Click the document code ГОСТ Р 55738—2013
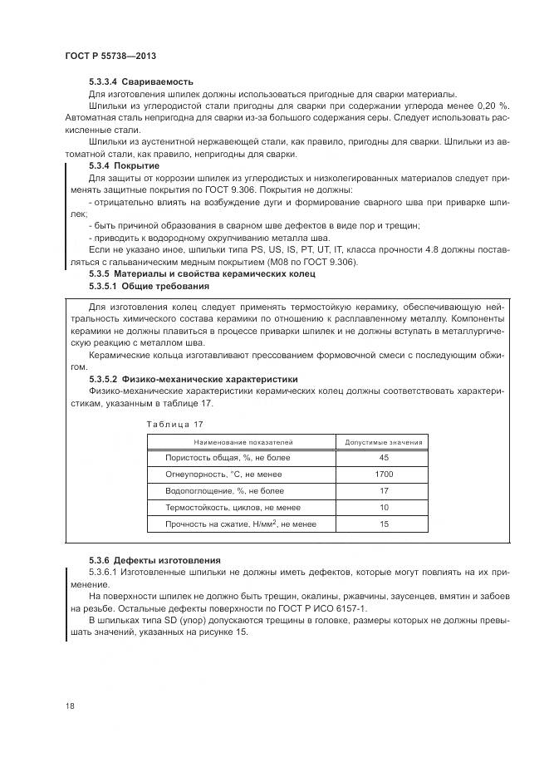tap(110, 56)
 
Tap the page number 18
tap(69, 706)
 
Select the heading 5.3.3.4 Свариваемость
tap(141, 81)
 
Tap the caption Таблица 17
tap(174, 425)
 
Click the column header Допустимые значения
tap(384, 442)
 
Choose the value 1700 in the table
tap(384, 474)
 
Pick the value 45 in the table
tap(384, 458)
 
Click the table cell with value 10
tap(384, 507)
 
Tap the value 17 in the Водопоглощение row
tap(384, 490)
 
